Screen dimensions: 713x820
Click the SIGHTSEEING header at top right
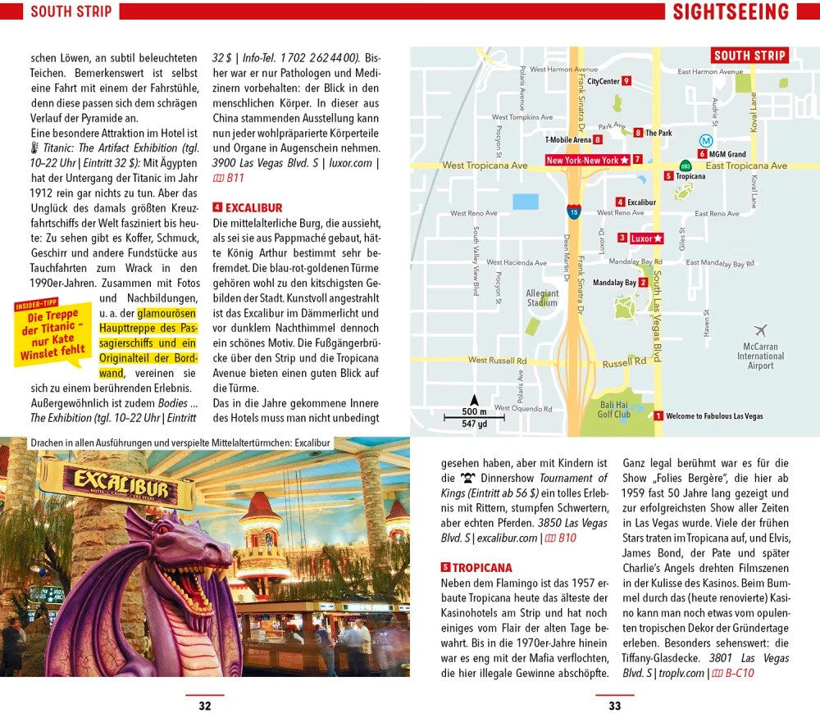(731, 11)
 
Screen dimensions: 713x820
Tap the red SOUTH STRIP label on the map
(749, 56)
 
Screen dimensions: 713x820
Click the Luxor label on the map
(646, 238)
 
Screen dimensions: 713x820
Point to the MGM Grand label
(727, 154)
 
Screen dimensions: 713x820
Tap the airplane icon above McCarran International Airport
(760, 330)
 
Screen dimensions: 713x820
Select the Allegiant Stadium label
(542, 298)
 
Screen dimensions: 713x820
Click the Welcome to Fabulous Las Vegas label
(714, 416)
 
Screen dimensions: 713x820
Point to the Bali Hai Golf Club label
(614, 410)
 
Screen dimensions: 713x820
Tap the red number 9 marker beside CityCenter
(626, 80)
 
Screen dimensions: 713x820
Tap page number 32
(204, 705)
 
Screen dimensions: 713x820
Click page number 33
(614, 705)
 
